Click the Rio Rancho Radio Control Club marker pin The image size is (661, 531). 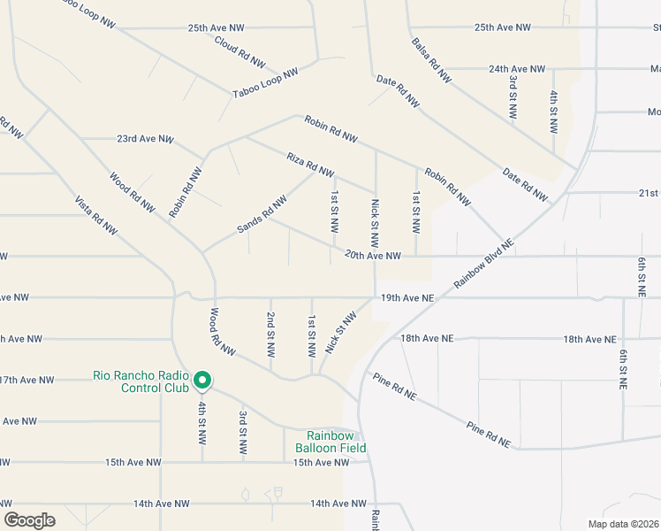[x=201, y=381]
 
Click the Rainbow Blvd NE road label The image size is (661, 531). [x=483, y=264]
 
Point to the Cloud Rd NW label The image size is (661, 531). [x=239, y=51]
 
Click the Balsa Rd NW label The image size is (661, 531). [x=431, y=60]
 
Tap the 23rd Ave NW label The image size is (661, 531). [x=146, y=139]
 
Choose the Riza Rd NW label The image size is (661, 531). [x=310, y=165]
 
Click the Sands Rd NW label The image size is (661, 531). [x=262, y=215]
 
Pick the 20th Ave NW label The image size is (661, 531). [x=373, y=256]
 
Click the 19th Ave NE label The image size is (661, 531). [x=407, y=299]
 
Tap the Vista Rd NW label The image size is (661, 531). [x=95, y=215]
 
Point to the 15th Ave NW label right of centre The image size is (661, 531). [x=322, y=463]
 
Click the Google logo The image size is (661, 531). [x=29, y=520]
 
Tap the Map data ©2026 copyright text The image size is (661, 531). [x=623, y=524]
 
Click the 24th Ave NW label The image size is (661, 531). [x=518, y=68]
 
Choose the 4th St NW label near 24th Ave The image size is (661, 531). [x=554, y=111]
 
